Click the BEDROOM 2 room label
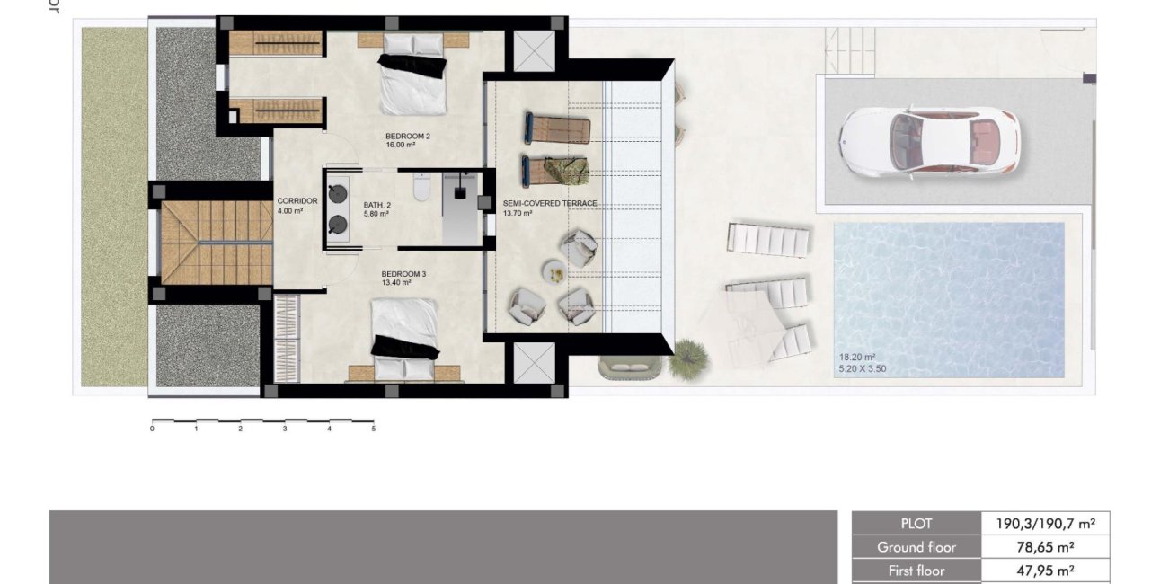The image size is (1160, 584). tap(407, 137)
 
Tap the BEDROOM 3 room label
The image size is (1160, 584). tap(403, 274)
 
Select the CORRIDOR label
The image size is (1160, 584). tap(297, 201)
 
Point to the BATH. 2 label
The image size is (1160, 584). tap(377, 205)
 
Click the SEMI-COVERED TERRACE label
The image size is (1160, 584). tap(550, 204)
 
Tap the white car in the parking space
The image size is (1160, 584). tap(928, 142)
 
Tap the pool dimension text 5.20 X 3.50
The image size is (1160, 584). tap(863, 367)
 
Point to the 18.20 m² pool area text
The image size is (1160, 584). tap(855, 357)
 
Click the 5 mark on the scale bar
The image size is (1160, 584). tap(373, 429)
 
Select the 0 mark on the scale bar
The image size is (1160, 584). tap(152, 429)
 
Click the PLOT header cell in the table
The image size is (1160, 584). tap(916, 523)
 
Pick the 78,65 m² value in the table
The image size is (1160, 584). tap(1046, 546)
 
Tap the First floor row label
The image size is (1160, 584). tap(916, 570)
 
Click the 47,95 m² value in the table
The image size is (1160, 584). tap(1046, 570)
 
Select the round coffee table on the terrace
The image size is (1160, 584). tap(552, 270)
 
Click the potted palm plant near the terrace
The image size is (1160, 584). tap(688, 356)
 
